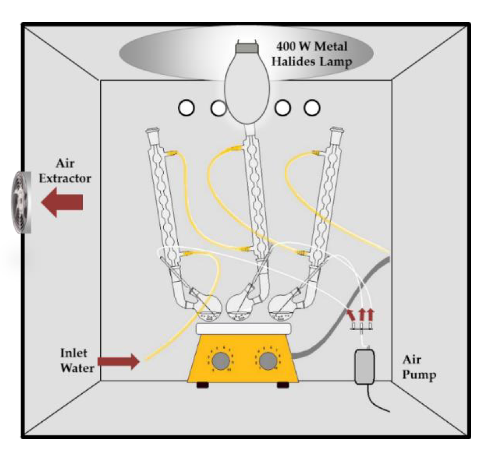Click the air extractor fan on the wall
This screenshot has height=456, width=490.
point(21,202)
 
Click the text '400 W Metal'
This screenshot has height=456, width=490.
point(312,46)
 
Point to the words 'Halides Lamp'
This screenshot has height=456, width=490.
point(311,62)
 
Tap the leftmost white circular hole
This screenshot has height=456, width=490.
point(186,108)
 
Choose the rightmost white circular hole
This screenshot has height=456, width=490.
point(312,108)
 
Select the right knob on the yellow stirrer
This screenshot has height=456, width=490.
point(268,360)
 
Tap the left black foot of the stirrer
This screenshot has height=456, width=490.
point(203,385)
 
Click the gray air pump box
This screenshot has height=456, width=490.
point(365,367)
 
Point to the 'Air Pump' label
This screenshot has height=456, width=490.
point(419,367)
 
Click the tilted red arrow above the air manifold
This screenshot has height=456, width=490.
point(351,315)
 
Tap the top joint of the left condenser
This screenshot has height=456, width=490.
point(152,132)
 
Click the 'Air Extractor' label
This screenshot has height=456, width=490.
point(65,171)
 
